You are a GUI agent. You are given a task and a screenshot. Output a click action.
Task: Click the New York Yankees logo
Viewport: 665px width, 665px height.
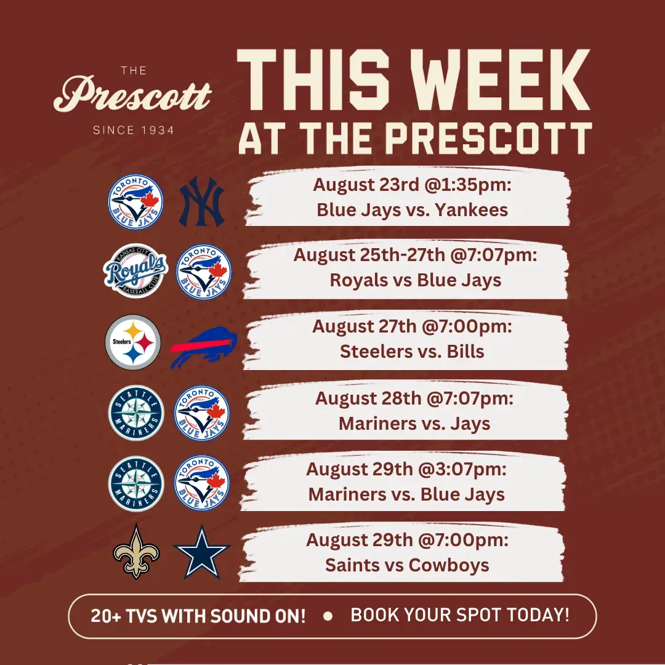201,201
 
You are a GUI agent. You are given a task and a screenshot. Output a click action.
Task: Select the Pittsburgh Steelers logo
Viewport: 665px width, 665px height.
133,342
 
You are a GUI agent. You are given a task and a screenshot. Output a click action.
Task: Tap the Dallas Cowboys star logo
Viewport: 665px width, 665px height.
202,552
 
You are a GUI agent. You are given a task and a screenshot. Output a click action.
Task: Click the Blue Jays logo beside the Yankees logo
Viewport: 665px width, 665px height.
135,201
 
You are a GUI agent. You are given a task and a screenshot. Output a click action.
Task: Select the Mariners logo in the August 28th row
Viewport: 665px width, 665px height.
136,413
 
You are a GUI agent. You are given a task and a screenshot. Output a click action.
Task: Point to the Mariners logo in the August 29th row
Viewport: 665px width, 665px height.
136,484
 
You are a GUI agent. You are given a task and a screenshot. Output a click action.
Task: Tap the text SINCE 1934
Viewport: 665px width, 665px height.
134,130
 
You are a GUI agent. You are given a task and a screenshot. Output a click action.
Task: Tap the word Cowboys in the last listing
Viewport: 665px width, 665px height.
449,565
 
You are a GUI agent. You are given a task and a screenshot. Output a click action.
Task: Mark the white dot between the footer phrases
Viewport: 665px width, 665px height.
328,616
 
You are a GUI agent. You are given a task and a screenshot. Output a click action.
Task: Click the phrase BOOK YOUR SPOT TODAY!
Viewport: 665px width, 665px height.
460,615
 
